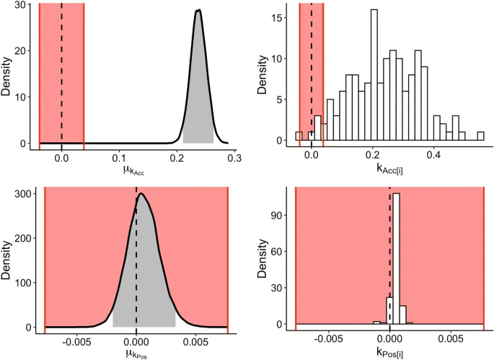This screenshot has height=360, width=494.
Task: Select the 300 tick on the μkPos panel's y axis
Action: point(23,193)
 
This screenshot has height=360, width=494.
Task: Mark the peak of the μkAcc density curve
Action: point(198,10)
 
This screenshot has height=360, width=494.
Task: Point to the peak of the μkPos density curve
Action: point(141,193)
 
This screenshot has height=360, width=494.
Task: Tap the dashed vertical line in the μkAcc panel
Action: point(61,72)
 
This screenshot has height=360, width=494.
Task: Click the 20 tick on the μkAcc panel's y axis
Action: point(23,50)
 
